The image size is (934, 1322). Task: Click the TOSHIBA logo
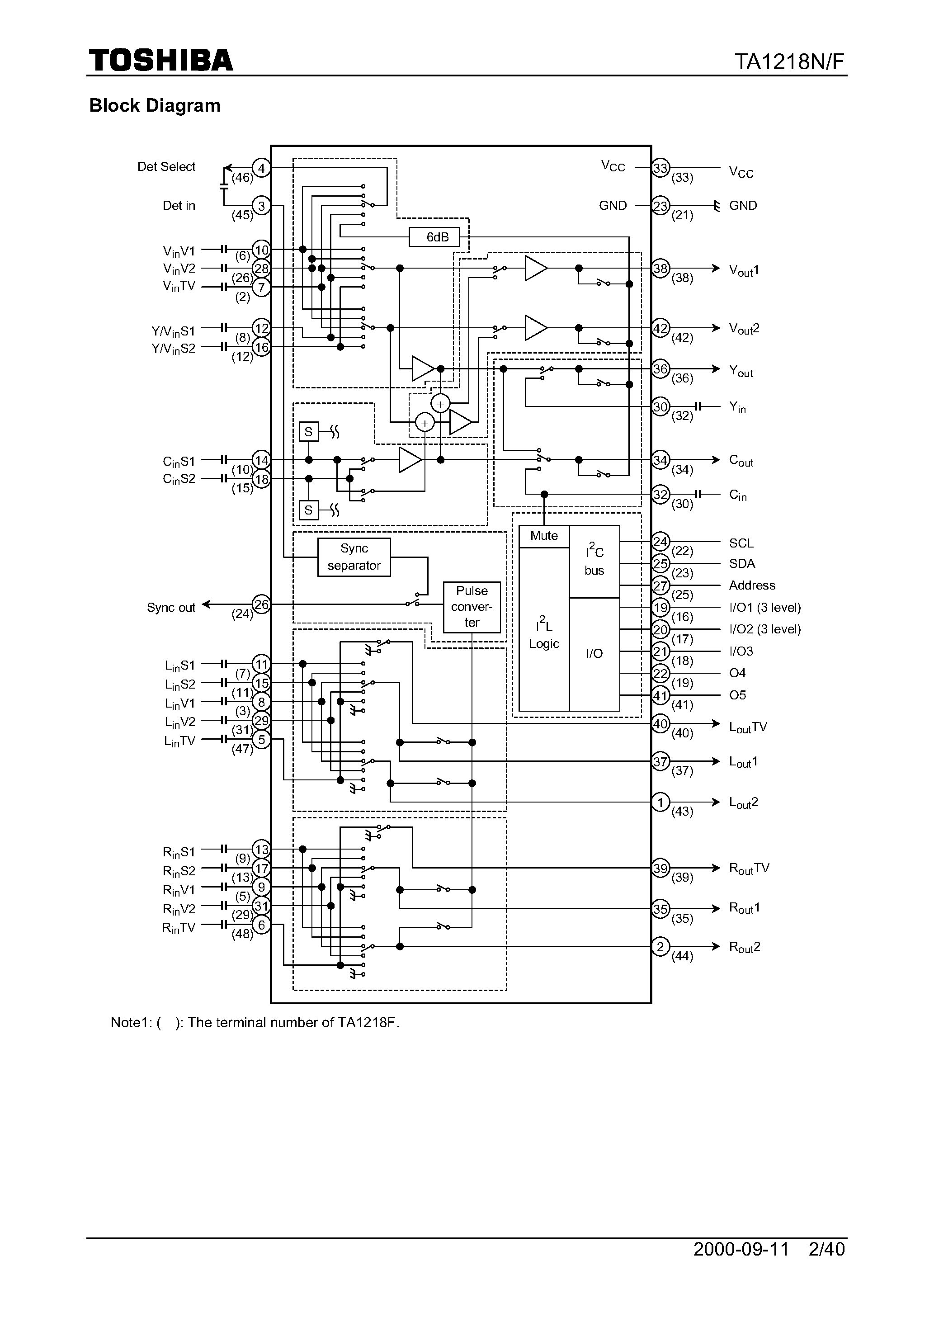click(160, 61)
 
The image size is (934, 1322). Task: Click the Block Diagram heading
click(155, 105)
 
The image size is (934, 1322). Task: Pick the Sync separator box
click(354, 557)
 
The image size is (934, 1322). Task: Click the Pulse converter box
click(472, 607)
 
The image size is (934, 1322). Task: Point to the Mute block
click(543, 536)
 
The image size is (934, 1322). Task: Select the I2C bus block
click(594, 562)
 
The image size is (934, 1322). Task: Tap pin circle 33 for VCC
click(660, 168)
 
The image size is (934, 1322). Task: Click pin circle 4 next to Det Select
click(261, 168)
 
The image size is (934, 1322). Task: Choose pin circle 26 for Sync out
click(261, 604)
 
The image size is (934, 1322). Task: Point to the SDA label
click(742, 564)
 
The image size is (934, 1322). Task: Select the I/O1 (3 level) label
click(765, 608)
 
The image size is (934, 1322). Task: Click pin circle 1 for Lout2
click(660, 802)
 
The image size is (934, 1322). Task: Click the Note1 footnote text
click(255, 1023)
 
